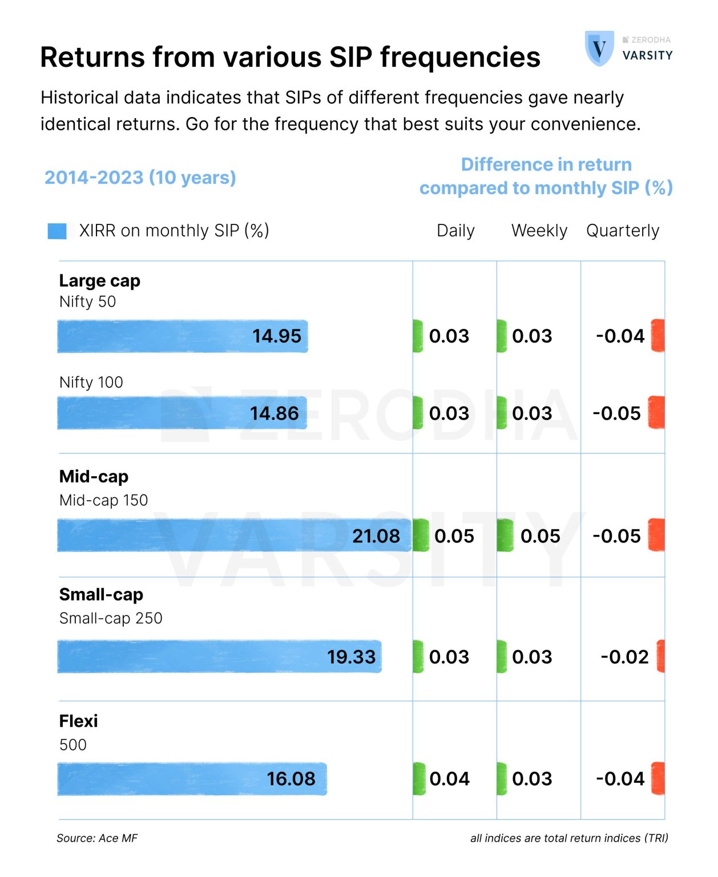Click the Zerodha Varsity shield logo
click(599, 49)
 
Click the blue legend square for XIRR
click(57, 231)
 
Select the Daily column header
click(455, 231)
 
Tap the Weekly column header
click(539, 231)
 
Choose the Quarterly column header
click(622, 231)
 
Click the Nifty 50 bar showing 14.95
click(183, 336)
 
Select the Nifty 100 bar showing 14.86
click(182, 413)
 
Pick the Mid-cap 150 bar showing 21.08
click(234, 536)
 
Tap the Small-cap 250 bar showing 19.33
click(219, 657)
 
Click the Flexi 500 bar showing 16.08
click(192, 779)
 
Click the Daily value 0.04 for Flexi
click(449, 779)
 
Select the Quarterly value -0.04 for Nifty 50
click(620, 336)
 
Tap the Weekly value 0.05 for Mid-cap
click(540, 536)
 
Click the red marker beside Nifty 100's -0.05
click(656, 412)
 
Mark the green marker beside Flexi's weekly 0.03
click(502, 779)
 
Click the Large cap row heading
click(100, 281)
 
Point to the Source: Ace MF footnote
click(97, 838)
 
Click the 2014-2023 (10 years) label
click(140, 178)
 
